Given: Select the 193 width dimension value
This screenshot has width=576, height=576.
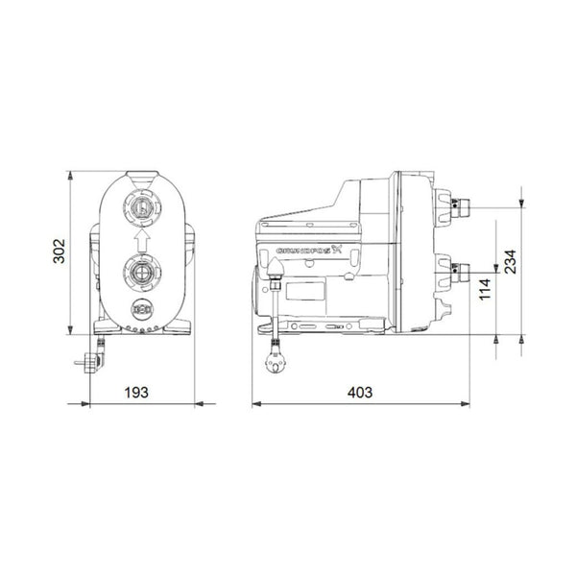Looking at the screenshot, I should click(x=142, y=393).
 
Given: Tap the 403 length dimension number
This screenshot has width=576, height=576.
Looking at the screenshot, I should click(x=359, y=393).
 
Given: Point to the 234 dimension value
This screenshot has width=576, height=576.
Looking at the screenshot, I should click(x=510, y=261).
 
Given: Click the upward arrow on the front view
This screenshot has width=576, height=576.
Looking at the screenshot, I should click(x=140, y=238).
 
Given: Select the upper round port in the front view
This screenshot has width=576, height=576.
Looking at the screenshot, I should click(x=141, y=205).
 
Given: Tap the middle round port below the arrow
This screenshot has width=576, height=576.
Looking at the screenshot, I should click(x=141, y=271).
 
